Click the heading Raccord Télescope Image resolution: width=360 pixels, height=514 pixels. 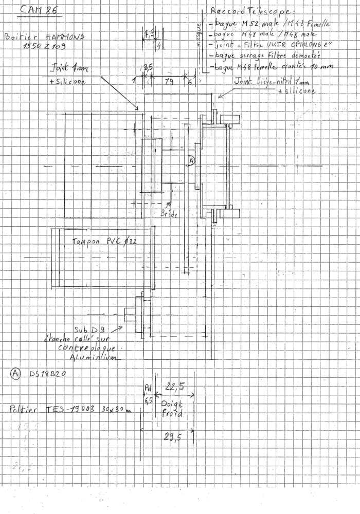click(249, 11)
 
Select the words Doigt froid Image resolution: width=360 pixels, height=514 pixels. click(170, 408)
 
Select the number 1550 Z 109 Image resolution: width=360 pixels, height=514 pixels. click(44, 48)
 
